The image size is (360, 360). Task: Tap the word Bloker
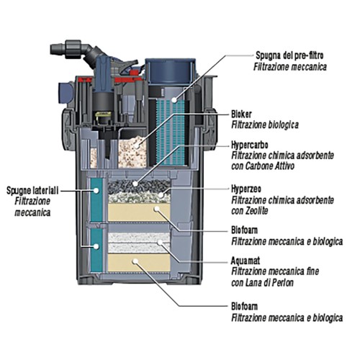(243, 114)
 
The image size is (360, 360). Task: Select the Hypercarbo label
(252, 144)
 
